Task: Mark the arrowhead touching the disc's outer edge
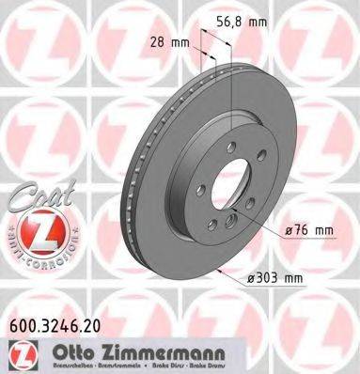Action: tap(222, 273)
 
